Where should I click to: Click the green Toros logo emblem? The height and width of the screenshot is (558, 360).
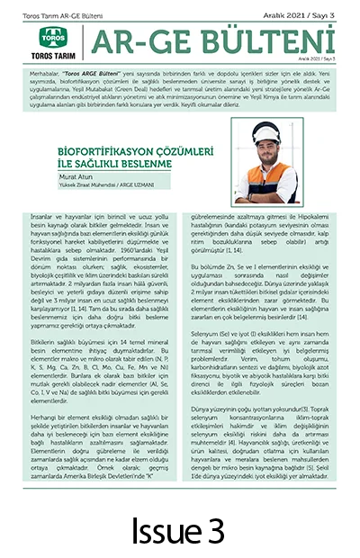tap(52, 37)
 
